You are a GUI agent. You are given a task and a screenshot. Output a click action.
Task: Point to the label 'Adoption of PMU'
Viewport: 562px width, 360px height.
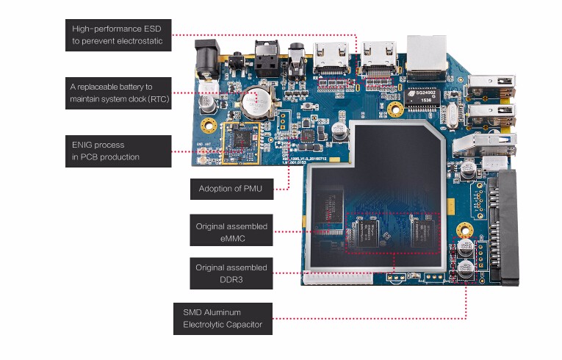(x=231, y=189)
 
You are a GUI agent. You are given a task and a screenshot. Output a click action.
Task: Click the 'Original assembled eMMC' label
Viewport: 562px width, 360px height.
(x=231, y=231)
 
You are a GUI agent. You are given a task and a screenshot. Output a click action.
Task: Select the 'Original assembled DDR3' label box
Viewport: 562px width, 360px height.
(x=231, y=273)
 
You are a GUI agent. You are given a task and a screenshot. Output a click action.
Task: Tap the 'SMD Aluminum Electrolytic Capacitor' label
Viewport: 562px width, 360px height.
(x=223, y=318)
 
